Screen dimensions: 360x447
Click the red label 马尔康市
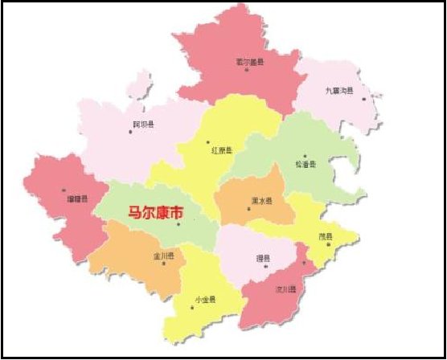coord(152,214)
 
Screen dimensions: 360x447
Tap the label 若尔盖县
coord(250,62)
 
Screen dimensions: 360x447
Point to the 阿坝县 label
coord(143,125)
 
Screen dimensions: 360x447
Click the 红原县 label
coord(222,150)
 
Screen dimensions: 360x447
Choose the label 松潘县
coord(306,165)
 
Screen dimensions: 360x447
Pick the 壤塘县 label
coord(77,197)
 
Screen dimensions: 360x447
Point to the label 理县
coord(262,258)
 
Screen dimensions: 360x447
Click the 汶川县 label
coord(287,288)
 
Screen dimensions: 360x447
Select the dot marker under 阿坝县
coord(130,131)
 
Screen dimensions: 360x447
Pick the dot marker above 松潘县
coord(306,156)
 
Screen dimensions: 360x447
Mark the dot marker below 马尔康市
coord(178,225)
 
